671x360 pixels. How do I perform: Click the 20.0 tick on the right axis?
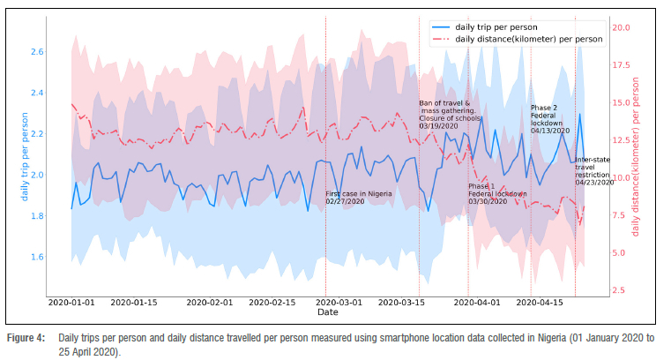tap(622, 28)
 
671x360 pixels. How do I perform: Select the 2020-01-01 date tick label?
tap(71, 303)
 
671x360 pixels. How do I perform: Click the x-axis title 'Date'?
tap(327, 312)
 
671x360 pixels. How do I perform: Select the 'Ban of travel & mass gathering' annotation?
tap(447, 115)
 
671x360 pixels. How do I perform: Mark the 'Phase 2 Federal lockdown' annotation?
tap(550, 119)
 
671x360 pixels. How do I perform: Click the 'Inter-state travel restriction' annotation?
tap(593, 171)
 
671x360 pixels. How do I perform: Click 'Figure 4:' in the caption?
tap(26, 339)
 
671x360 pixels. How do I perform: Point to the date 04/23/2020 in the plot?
tap(593, 183)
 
